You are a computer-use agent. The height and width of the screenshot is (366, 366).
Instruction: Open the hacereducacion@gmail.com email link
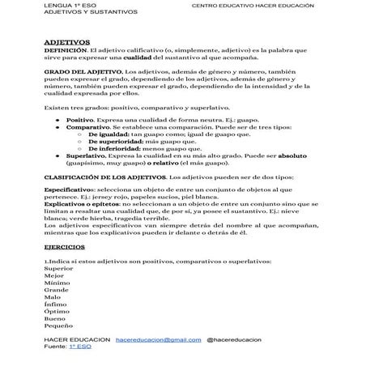[x=158, y=339]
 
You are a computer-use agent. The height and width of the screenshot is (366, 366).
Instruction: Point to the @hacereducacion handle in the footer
[x=239, y=339]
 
